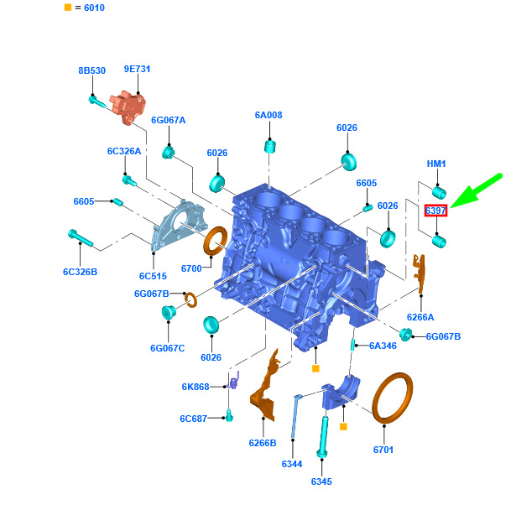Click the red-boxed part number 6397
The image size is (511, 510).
(x=435, y=211)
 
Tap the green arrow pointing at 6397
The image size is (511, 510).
(x=476, y=191)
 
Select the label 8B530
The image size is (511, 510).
(x=92, y=70)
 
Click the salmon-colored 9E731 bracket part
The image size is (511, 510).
(x=128, y=107)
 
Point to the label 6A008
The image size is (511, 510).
(x=269, y=115)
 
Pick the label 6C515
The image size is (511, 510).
(x=153, y=276)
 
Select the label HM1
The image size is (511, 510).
(x=436, y=164)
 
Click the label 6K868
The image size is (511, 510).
(x=196, y=387)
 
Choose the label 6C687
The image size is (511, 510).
(x=194, y=419)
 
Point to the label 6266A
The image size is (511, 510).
(x=420, y=317)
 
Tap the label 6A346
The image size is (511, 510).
(x=383, y=346)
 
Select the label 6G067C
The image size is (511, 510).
(x=168, y=348)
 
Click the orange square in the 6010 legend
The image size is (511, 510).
(x=68, y=8)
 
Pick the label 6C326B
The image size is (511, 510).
(x=81, y=272)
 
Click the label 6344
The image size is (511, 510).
(x=292, y=464)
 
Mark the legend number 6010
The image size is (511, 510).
(x=94, y=8)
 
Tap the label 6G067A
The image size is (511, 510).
(x=168, y=120)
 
